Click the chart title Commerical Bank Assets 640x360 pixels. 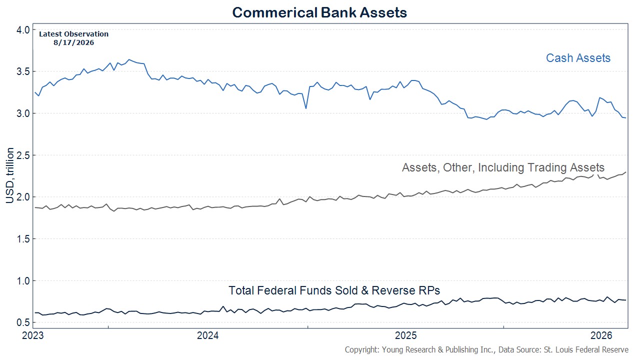[319, 12]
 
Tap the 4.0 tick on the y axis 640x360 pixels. [23, 30]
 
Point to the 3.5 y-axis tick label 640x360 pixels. [23, 71]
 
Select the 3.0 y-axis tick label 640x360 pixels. [23, 113]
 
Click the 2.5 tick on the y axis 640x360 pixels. [23, 155]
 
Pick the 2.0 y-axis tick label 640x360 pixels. [23, 197]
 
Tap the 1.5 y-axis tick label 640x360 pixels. [23, 239]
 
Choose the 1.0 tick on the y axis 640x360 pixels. [23, 281]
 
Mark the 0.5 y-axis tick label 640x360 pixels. [23, 322]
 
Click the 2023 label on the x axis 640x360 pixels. [33, 335]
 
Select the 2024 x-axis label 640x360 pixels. [207, 335]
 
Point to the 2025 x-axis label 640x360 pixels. [405, 335]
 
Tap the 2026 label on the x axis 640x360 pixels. [601, 335]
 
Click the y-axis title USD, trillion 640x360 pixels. [9, 175]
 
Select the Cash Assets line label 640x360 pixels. [578, 58]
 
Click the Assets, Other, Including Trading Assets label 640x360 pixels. [503, 167]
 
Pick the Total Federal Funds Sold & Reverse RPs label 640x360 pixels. [334, 290]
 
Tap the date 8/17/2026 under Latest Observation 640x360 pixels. [73, 42]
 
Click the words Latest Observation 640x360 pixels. [73, 34]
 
